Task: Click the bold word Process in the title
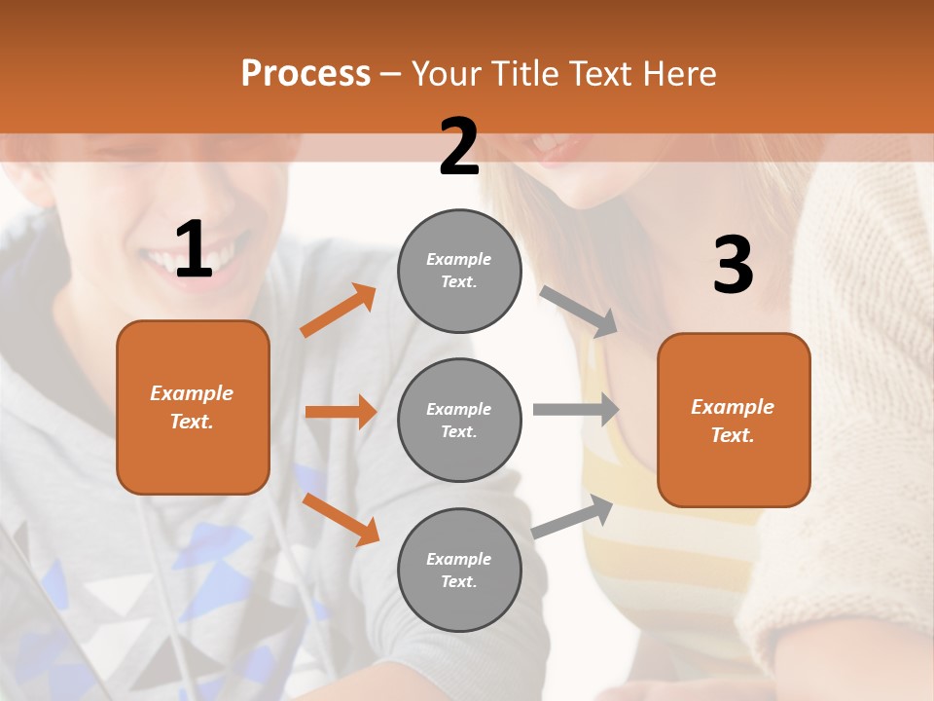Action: pyautogui.click(x=305, y=73)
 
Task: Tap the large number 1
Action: pyautogui.click(x=194, y=250)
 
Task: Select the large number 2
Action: pyautogui.click(x=459, y=147)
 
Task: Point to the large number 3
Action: pyautogui.click(x=733, y=265)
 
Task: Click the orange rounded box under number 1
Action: pyautogui.click(x=193, y=407)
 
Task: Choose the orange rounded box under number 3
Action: pyautogui.click(x=734, y=420)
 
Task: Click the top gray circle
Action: pyautogui.click(x=459, y=271)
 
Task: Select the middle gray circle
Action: pyautogui.click(x=459, y=420)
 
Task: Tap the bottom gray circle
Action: pyautogui.click(x=459, y=570)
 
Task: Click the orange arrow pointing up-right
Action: pyautogui.click(x=339, y=311)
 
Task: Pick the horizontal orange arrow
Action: pyautogui.click(x=341, y=412)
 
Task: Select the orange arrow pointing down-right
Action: pyautogui.click(x=341, y=519)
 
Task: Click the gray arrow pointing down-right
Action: pyautogui.click(x=579, y=312)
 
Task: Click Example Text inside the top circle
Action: pyautogui.click(x=459, y=271)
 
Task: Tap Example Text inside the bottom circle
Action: pyautogui.click(x=459, y=570)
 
